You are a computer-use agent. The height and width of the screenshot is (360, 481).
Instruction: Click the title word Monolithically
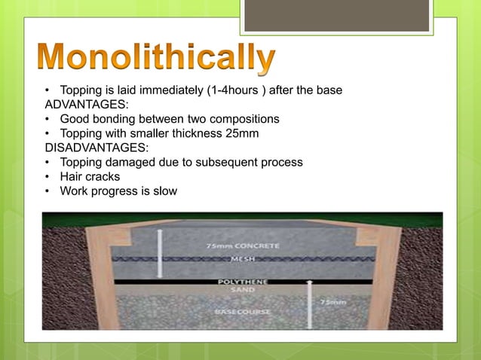tap(156, 59)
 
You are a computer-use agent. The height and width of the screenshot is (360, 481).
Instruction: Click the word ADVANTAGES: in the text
tap(81, 105)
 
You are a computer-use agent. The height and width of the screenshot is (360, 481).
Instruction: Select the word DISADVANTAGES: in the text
tap(91, 148)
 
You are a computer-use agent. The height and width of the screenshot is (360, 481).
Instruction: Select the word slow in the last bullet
tap(164, 191)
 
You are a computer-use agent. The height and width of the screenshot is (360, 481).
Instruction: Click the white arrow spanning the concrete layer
tap(160, 253)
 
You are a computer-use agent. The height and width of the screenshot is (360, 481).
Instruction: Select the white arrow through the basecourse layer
tap(310, 304)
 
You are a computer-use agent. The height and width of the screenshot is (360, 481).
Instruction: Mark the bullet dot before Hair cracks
tap(47, 177)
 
